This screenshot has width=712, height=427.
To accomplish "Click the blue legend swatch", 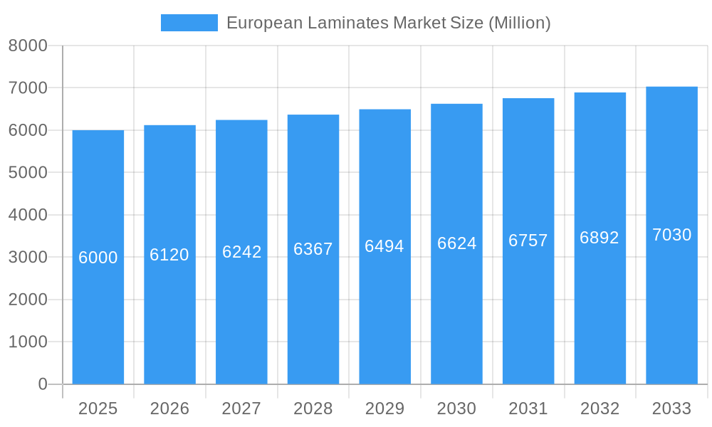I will (189, 23).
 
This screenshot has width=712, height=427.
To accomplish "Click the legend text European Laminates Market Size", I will (388, 23).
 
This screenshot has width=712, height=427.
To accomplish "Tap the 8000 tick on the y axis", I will (28, 46).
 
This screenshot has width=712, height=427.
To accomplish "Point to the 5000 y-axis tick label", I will (28, 173).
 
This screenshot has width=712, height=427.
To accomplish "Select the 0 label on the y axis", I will (42, 384).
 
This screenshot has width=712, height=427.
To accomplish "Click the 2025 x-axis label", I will (98, 408).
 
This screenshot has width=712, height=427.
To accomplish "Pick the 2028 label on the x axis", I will (313, 408).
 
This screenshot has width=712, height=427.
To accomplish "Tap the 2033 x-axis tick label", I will (671, 408).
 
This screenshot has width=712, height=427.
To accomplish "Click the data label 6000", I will (98, 258).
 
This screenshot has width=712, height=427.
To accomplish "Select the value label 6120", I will (169, 255).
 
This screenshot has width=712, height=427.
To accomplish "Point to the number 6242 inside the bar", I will (241, 252).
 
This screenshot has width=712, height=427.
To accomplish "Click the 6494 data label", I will (384, 246).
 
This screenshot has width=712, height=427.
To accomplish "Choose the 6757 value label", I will (528, 241).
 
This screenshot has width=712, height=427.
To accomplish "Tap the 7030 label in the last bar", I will (671, 235).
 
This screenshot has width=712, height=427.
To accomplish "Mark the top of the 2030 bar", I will (456, 105).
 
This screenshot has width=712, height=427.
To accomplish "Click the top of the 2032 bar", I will (600, 93).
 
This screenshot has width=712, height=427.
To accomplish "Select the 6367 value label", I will (313, 249).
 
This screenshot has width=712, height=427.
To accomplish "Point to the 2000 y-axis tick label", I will (28, 300).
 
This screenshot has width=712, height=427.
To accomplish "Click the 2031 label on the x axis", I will (528, 408).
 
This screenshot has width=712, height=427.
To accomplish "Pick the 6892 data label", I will (600, 238).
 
